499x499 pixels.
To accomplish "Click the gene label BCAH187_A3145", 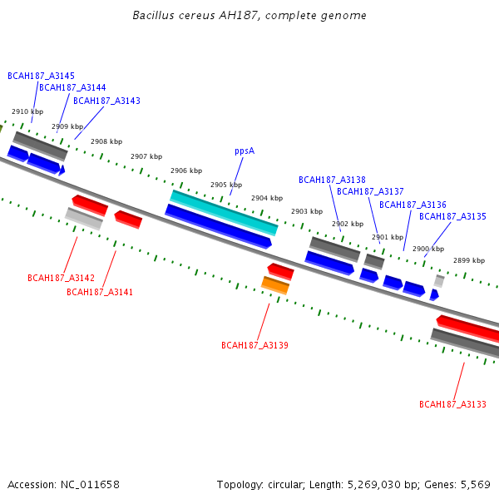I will [41, 76].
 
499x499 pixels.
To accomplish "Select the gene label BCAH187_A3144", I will [72, 87].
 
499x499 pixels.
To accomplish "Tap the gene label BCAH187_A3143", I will [106, 101].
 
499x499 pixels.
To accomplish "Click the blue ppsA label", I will [244, 151].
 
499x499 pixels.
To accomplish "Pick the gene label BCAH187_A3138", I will [332, 180].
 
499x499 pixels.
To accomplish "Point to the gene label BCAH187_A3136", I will [413, 205].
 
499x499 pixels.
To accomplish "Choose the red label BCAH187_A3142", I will [61, 278].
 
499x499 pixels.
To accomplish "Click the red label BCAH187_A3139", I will [254, 345].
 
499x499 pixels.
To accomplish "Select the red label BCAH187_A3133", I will [452, 404].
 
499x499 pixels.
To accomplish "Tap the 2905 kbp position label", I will [226, 185].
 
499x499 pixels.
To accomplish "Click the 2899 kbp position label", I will [469, 260].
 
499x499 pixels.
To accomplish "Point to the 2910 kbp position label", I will [27, 111].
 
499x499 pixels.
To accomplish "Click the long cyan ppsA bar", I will [224, 212].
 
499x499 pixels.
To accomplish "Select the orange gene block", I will [274, 285].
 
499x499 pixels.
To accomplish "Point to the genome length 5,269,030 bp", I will [383, 484].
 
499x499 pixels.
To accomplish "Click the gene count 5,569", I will [474, 484].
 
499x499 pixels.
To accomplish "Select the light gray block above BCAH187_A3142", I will [83, 219].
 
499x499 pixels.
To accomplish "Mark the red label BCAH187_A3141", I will [100, 292].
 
